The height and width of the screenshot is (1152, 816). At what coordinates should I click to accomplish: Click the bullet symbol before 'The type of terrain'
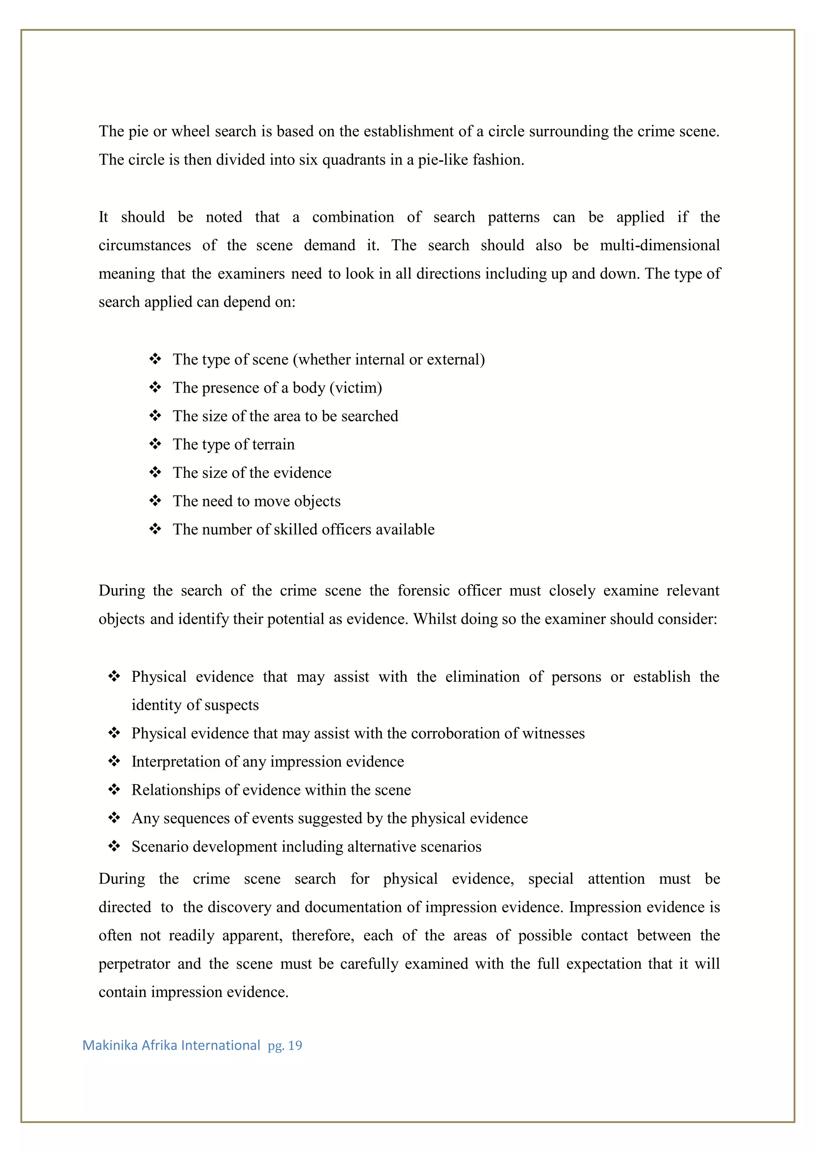click(155, 444)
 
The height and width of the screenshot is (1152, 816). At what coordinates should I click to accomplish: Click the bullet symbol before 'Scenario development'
click(115, 846)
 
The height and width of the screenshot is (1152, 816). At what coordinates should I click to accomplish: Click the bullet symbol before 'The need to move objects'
click(155, 501)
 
